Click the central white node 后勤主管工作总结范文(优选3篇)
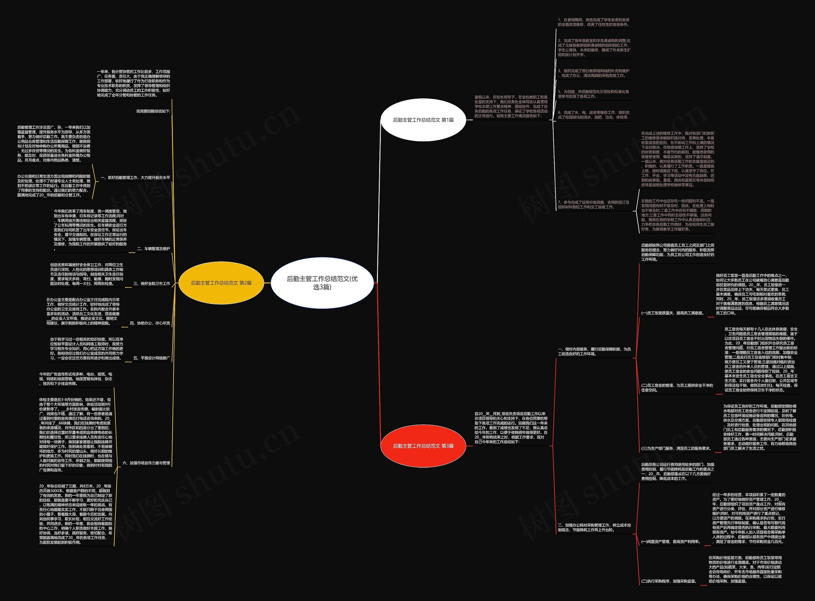(322, 283)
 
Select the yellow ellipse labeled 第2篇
(221, 283)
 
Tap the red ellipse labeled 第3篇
(423, 446)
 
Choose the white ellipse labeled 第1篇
(423, 120)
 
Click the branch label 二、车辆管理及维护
(153, 249)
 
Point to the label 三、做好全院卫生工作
(151, 283)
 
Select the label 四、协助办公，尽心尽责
(150, 323)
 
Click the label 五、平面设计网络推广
(151, 358)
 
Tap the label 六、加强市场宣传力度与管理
(146, 463)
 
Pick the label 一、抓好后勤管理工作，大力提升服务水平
(135, 178)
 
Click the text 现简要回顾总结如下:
(153, 111)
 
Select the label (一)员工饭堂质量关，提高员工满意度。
(672, 313)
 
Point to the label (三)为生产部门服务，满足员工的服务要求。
(676, 449)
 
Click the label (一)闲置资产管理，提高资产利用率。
(670, 542)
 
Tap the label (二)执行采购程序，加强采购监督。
(669, 581)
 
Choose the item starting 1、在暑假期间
(593, 22)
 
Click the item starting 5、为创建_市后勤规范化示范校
(593, 94)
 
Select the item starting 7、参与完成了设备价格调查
(593, 204)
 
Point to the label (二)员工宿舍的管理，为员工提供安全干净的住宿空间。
(677, 387)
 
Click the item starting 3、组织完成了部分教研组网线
(593, 73)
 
